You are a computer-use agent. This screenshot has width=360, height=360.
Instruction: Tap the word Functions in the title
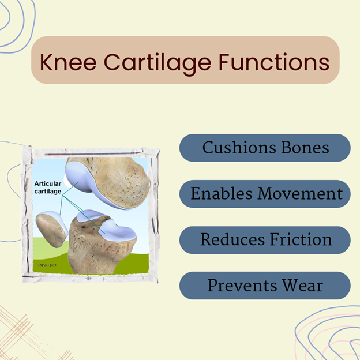tap(274, 62)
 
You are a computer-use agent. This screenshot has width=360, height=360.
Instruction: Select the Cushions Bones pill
tap(265, 148)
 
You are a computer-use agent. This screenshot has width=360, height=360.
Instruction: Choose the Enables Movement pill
tap(265, 194)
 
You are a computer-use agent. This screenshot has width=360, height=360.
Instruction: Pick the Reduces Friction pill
tap(265, 240)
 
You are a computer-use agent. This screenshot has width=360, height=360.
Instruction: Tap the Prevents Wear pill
tap(265, 286)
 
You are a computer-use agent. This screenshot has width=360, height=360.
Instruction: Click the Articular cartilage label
tap(48, 187)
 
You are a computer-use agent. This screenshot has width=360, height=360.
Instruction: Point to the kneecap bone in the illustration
tap(51, 230)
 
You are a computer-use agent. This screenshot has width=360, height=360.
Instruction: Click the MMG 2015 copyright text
tap(47, 265)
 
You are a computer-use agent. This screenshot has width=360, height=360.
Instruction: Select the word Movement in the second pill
tap(300, 193)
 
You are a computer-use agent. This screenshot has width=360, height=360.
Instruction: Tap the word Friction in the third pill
tap(301, 239)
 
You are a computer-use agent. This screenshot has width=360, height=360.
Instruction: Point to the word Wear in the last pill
tap(303, 286)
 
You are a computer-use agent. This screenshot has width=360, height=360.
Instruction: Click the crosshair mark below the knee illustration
tap(89, 278)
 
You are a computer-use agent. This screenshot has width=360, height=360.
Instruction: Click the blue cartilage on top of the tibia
tap(117, 231)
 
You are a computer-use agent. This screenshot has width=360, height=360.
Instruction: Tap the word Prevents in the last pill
tap(242, 286)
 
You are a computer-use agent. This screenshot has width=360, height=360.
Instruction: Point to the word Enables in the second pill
tap(222, 193)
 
